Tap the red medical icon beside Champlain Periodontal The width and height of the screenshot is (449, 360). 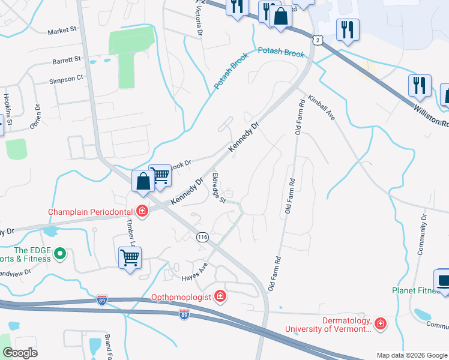pos(142,211)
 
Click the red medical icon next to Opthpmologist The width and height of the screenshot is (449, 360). pos(220,296)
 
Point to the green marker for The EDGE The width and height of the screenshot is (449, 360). pos(59,254)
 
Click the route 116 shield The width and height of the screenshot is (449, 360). pos(202,237)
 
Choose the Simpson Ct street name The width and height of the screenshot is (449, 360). pos(66,79)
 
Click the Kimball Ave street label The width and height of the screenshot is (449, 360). pos(321,107)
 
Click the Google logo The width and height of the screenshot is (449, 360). pos(19,353)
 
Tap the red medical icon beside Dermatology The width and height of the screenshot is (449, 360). pos(379,324)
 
